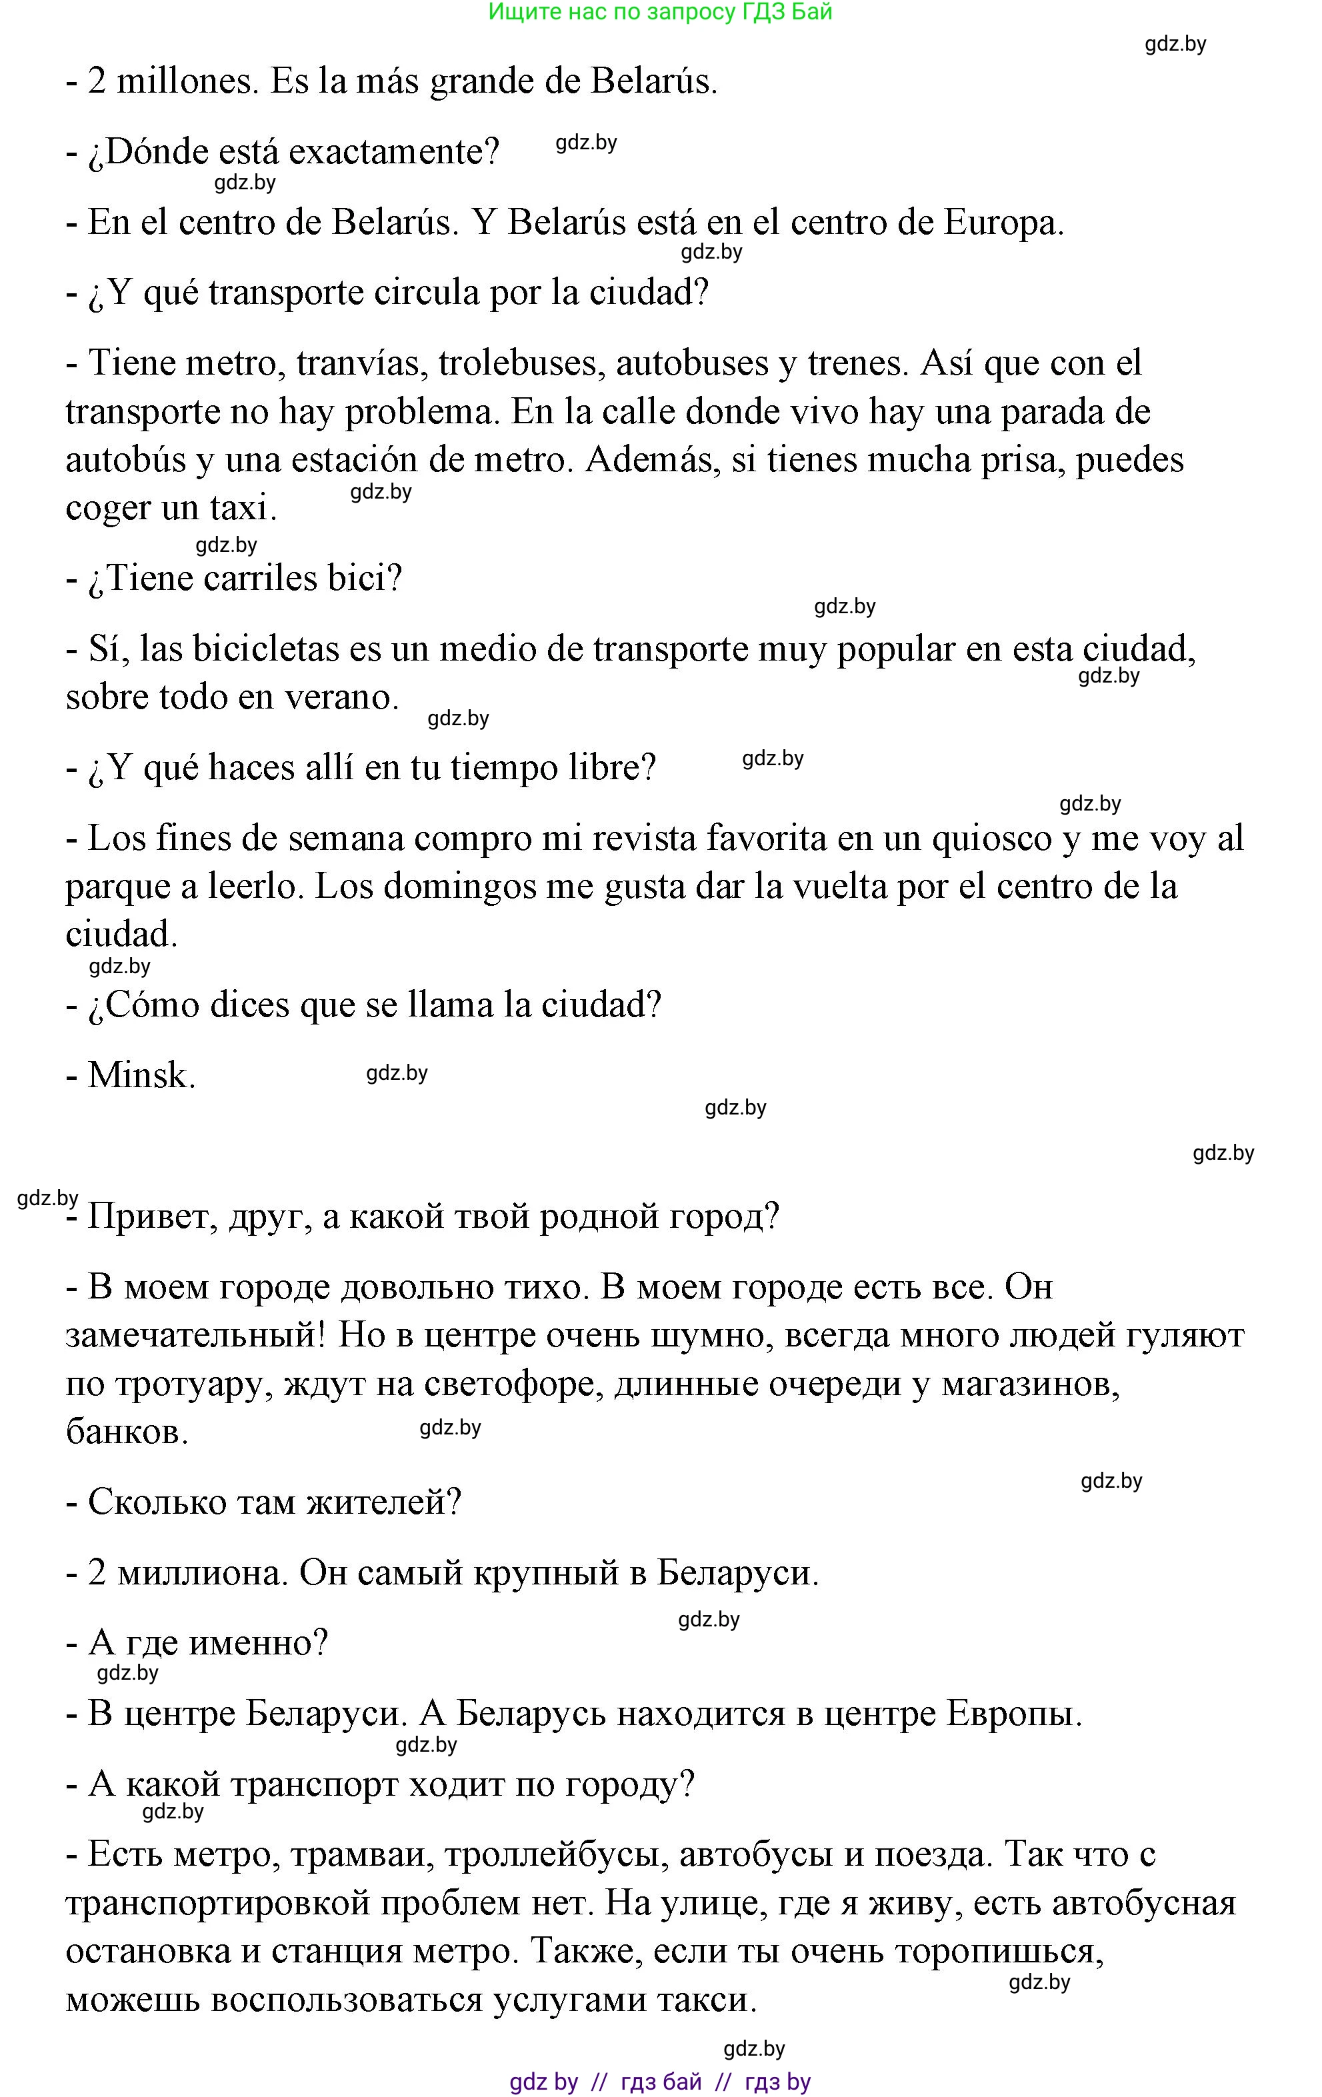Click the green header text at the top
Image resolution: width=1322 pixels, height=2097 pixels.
coord(660,12)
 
